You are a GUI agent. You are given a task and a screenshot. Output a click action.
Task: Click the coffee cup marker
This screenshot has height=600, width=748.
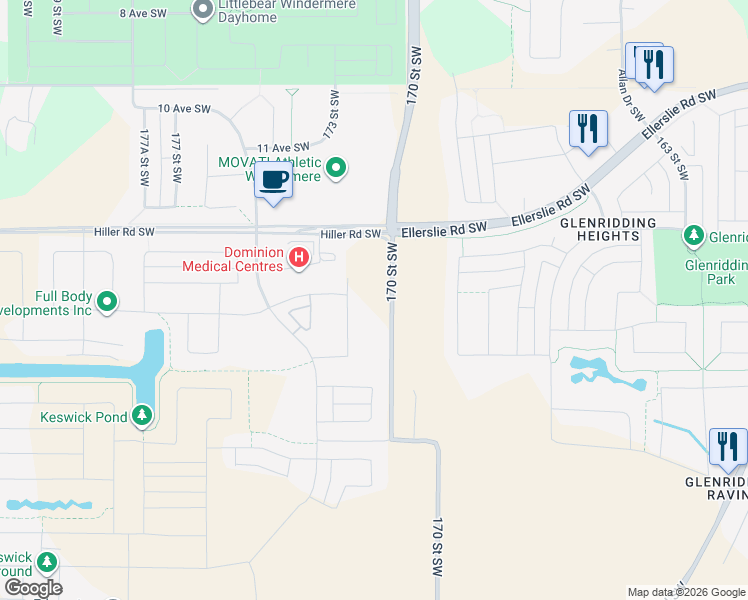pyautogui.click(x=273, y=180)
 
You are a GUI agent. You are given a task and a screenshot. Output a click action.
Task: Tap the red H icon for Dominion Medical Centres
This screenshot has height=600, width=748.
pyautogui.click(x=298, y=258)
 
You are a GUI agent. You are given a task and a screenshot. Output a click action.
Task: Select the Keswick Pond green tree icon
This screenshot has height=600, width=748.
pyautogui.click(x=142, y=415)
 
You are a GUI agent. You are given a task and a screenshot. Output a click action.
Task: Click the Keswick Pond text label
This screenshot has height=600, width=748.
pyautogui.click(x=84, y=417)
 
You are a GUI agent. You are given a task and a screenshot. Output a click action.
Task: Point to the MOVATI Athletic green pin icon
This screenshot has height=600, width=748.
pyautogui.click(x=337, y=168)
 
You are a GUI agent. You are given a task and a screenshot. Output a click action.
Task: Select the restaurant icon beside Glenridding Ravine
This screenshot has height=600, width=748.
pyautogui.click(x=727, y=446)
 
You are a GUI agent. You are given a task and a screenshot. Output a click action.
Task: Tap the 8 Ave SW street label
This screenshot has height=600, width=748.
pyautogui.click(x=143, y=13)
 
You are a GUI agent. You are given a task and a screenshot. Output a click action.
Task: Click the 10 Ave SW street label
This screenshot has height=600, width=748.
pyautogui.click(x=185, y=108)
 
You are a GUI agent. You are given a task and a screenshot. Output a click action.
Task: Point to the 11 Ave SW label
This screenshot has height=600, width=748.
pyautogui.click(x=284, y=147)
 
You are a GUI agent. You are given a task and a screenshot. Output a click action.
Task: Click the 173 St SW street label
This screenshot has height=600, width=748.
pyautogui.click(x=332, y=115)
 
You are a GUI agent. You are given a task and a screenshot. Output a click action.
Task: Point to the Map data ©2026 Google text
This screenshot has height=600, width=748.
pyautogui.click(x=686, y=591)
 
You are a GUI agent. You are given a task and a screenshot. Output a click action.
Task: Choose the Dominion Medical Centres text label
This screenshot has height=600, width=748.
pyautogui.click(x=233, y=259)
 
